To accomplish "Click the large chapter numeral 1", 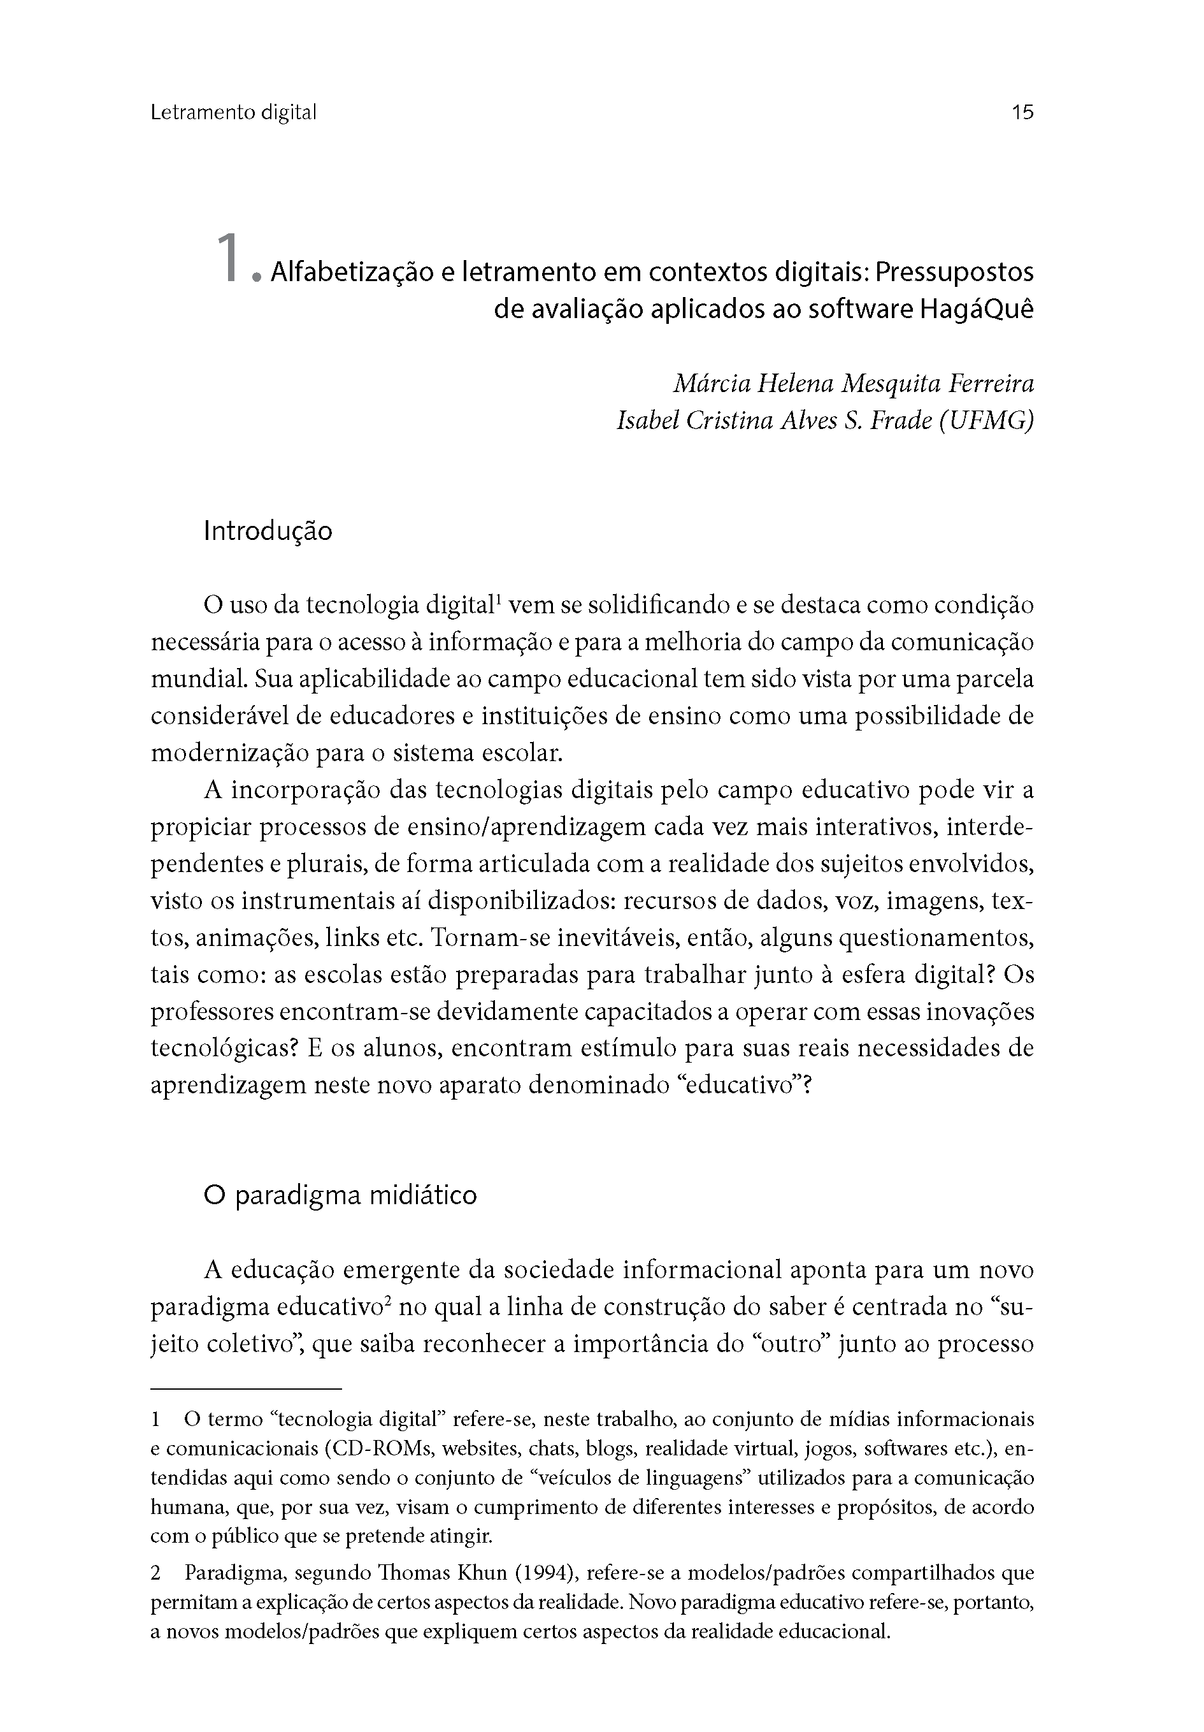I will (227, 259).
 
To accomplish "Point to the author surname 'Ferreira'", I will (991, 384).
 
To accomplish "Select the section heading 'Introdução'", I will (268, 531).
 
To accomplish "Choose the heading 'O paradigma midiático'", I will (340, 1196).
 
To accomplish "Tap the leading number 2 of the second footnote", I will (156, 1573).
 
